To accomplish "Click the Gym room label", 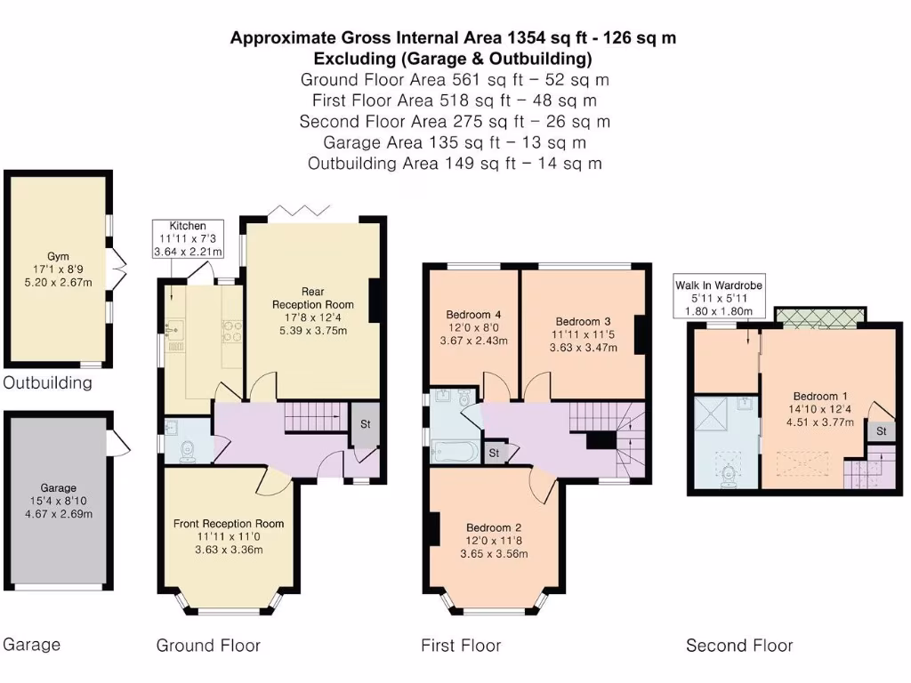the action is point(58,256).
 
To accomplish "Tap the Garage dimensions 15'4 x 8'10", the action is point(58,501).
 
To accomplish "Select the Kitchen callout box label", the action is point(188,226).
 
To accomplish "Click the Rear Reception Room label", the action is point(313,298).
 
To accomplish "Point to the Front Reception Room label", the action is point(229,523).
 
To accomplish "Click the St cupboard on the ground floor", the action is point(365,424).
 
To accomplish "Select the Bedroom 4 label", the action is point(473,314).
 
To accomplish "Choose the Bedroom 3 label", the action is point(583,321).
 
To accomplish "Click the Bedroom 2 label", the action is point(494,527).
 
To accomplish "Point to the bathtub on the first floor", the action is point(455,452).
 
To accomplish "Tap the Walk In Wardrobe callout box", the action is point(719,296).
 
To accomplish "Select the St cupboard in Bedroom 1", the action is point(882,431).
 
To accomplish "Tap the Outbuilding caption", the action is point(48,382).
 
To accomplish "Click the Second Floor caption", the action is point(739,646).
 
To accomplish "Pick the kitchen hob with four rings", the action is point(232,331).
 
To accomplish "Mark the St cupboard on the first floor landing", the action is point(494,453).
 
